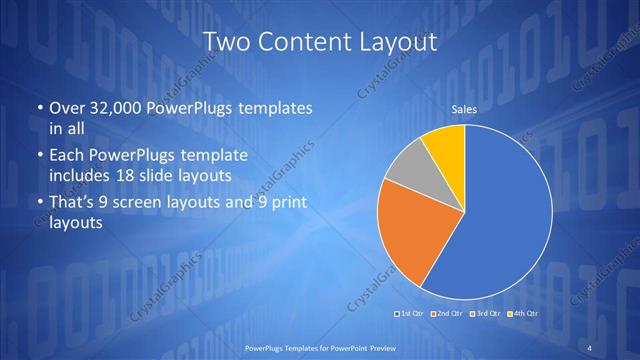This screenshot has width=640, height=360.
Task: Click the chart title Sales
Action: [x=464, y=109]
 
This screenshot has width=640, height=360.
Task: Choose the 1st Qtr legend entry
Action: [x=412, y=315]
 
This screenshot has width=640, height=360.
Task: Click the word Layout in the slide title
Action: [x=394, y=43]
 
